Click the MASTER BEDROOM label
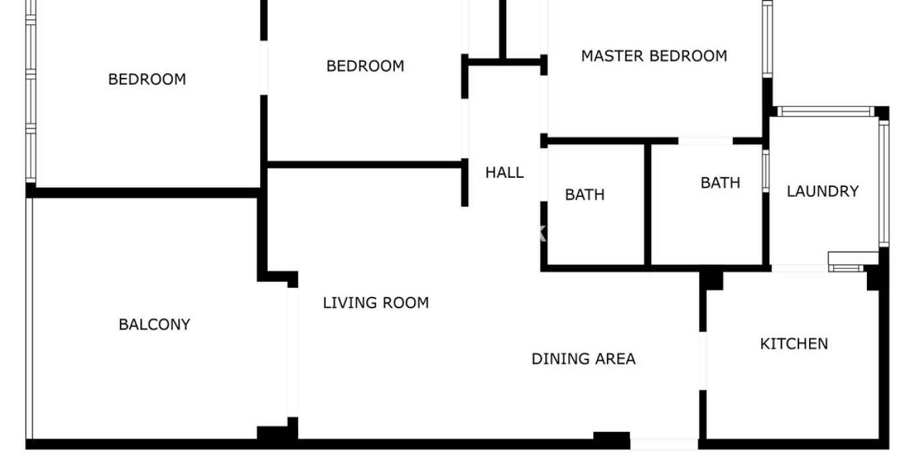pyautogui.click(x=654, y=56)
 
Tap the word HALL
pyautogui.click(x=504, y=173)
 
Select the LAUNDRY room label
pyautogui.click(x=823, y=191)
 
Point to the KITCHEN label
pyautogui.click(x=794, y=344)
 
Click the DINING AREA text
pyautogui.click(x=583, y=359)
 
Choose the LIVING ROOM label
pyautogui.click(x=376, y=303)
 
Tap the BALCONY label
pyautogui.click(x=155, y=325)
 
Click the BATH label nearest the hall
pyautogui.click(x=585, y=195)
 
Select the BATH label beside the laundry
pyautogui.click(x=720, y=182)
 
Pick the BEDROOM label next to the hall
pyautogui.click(x=365, y=66)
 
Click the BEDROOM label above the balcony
pyautogui.click(x=147, y=79)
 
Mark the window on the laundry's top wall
pyautogui.click(x=825, y=111)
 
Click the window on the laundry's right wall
pyautogui.click(x=883, y=184)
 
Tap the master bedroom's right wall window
pyautogui.click(x=768, y=39)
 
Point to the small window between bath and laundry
pyautogui.click(x=766, y=171)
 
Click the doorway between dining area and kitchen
pyautogui.click(x=702, y=361)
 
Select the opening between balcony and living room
pyautogui.click(x=292, y=352)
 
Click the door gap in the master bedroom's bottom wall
pyautogui.click(x=706, y=141)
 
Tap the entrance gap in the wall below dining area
pyautogui.click(x=664, y=444)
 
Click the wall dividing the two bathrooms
pyautogui.click(x=648, y=204)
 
